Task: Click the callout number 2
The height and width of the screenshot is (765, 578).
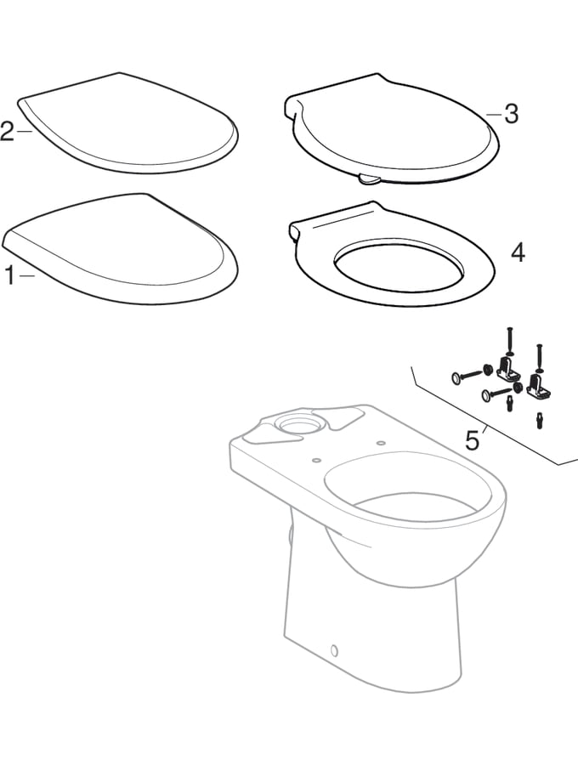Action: [x=8, y=132]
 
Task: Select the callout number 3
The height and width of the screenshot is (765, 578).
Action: [x=510, y=114]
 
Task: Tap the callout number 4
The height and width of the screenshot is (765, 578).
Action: [x=517, y=252]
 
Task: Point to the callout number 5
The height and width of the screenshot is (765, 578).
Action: [x=472, y=439]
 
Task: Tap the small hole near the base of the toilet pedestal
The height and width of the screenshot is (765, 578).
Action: [x=332, y=651]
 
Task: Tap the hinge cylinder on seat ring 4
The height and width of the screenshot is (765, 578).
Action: [x=295, y=231]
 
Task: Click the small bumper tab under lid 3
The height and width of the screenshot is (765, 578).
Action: [x=368, y=179]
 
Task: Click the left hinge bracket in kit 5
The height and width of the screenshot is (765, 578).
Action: [x=512, y=368]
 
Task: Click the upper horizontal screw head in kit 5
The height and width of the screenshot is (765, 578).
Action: [x=457, y=374]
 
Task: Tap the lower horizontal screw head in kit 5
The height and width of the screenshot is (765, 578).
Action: [x=484, y=394]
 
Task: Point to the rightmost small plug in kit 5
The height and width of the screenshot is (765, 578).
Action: [x=541, y=420]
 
